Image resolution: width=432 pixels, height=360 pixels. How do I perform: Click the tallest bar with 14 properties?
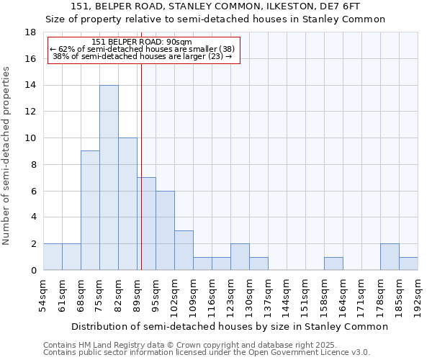click(x=109, y=178)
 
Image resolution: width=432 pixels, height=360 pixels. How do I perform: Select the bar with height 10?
click(x=127, y=204)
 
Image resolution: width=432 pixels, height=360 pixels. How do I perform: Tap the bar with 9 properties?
click(x=90, y=210)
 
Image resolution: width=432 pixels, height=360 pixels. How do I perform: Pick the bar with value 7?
click(x=146, y=224)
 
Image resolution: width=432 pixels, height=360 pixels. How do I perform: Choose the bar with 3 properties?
click(x=184, y=250)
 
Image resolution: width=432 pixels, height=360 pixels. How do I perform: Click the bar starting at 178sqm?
click(x=390, y=257)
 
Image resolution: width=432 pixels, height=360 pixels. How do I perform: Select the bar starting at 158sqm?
click(x=333, y=264)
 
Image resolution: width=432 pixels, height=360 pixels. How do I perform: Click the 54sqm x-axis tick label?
click(x=43, y=293)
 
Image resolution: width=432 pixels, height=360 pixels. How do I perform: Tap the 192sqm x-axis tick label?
click(x=418, y=295)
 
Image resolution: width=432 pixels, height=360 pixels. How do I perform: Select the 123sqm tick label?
click(x=230, y=295)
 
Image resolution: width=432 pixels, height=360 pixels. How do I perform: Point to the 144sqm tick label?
click(x=287, y=295)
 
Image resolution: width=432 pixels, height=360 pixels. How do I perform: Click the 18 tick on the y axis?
click(x=30, y=32)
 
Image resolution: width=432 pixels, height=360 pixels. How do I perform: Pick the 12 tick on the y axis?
click(x=30, y=112)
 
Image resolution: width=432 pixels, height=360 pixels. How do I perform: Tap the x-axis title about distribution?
click(x=230, y=326)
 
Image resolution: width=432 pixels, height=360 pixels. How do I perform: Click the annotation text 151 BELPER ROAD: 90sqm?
click(x=143, y=42)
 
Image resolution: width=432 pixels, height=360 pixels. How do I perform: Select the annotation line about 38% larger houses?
click(x=143, y=56)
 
